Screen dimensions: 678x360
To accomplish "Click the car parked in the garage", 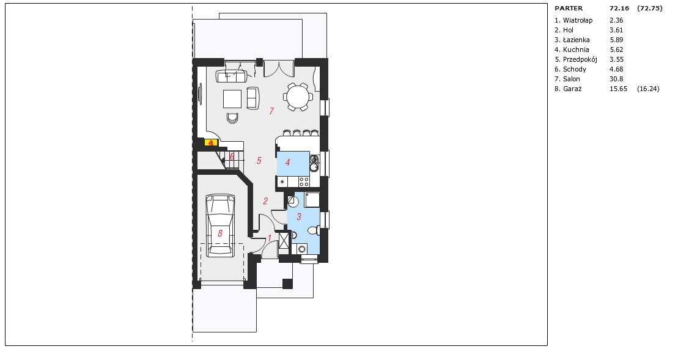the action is click(221, 226).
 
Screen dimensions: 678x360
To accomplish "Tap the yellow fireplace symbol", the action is click(210, 142).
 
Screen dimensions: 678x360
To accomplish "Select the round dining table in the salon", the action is click(298, 97).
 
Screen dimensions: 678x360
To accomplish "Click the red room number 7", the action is click(271, 111).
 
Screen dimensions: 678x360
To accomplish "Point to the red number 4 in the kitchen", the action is click(287, 163).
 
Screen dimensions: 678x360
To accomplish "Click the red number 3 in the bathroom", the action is click(299, 216).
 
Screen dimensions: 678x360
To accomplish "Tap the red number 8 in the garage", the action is click(220, 233).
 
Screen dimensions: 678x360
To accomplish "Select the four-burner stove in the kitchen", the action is click(304, 182).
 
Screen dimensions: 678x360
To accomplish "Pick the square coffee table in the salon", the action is click(233, 98).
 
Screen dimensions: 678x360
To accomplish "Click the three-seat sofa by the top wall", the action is click(231, 77).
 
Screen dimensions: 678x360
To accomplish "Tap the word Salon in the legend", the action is click(571, 79).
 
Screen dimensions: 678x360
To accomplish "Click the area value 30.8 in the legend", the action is click(616, 79).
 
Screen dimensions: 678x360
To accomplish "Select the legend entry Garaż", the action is click(572, 89).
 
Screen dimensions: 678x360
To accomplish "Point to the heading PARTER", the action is click(569, 8).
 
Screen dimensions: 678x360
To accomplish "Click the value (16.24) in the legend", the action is click(648, 89).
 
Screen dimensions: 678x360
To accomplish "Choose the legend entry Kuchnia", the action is click(576, 50).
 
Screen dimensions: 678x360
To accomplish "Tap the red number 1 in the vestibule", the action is click(270, 238).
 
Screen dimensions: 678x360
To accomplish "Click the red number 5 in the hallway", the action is click(259, 161).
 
